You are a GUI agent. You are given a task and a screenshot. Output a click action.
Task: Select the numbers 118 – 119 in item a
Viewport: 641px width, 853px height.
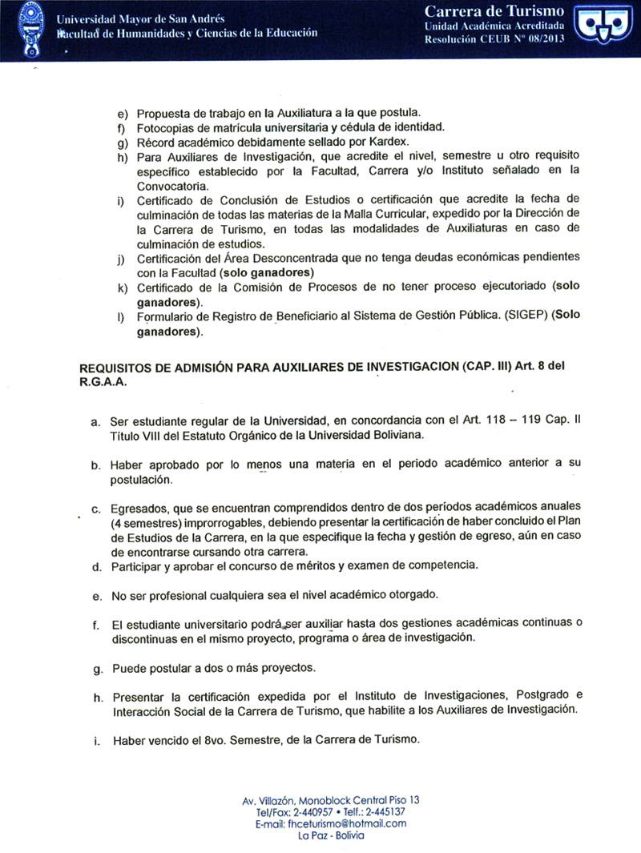(534, 420)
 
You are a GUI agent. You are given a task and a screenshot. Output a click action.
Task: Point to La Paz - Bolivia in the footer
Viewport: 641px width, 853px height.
(330, 835)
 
